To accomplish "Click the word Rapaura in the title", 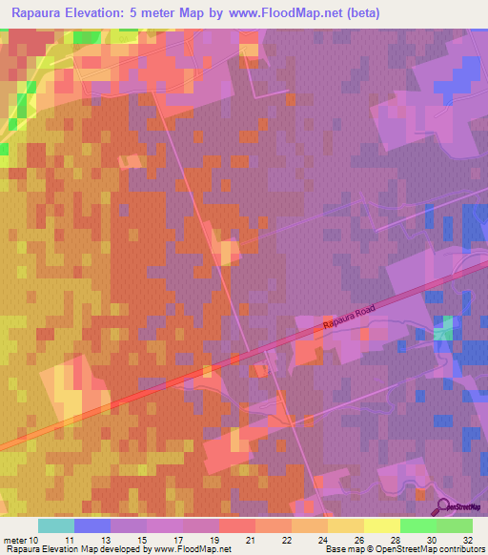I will click(39, 11).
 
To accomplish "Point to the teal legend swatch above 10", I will click(56, 525).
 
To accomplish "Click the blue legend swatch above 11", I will click(92, 525).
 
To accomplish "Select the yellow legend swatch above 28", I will click(382, 525).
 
